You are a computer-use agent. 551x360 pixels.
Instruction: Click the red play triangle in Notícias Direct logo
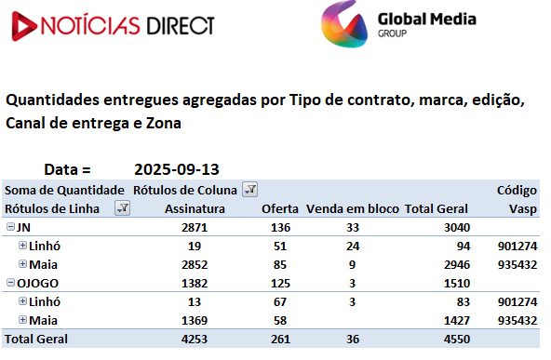[x=24, y=26]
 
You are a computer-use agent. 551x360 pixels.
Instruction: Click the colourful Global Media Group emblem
[x=344, y=24]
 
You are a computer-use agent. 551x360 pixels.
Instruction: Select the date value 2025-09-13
[x=177, y=169]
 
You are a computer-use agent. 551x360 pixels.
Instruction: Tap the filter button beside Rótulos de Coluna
[x=249, y=190]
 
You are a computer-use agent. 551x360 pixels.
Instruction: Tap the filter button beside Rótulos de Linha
[x=122, y=208]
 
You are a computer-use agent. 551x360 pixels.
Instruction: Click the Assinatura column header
[x=195, y=209]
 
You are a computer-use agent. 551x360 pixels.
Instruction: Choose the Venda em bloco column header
[x=353, y=209]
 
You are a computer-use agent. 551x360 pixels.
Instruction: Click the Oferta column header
[x=280, y=209]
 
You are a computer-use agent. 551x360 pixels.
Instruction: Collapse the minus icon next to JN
[x=10, y=227]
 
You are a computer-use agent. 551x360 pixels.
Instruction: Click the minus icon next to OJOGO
[x=10, y=283]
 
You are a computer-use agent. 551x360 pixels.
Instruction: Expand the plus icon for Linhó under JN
[x=23, y=246]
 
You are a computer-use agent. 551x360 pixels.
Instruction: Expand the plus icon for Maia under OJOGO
[x=23, y=320]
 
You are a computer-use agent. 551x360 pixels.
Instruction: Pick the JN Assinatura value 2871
[x=195, y=228]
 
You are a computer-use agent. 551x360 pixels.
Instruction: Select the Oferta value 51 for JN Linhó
[x=280, y=247]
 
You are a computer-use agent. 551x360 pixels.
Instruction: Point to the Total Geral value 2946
[x=457, y=265]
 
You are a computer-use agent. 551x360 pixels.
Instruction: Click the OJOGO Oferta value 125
[x=280, y=284]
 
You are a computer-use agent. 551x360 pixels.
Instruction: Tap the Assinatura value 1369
[x=195, y=321]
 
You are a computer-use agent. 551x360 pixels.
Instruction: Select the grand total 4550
[x=457, y=340]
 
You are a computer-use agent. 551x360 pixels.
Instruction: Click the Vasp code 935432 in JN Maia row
[x=517, y=265]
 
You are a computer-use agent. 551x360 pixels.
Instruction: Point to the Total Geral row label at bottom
[x=36, y=340]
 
